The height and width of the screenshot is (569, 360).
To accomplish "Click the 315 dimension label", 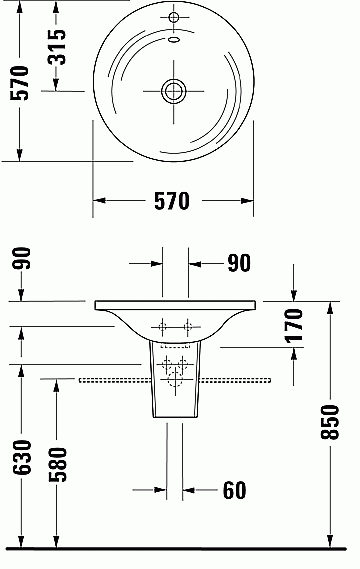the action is point(57,47).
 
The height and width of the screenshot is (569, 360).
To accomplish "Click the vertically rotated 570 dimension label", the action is point(19,83).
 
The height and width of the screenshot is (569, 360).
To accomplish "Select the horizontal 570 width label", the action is point(172,201).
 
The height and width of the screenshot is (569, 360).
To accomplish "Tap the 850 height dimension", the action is point(330,422).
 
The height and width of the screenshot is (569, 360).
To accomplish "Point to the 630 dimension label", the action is point(22,457).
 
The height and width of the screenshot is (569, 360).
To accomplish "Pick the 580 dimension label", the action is point(58,464).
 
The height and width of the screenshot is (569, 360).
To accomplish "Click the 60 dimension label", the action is point(234,490).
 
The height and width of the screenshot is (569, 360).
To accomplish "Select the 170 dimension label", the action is point(294,326).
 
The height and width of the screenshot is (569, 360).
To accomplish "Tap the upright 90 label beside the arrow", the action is point(239,263).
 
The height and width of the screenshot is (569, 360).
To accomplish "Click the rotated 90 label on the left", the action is point(21,258).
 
